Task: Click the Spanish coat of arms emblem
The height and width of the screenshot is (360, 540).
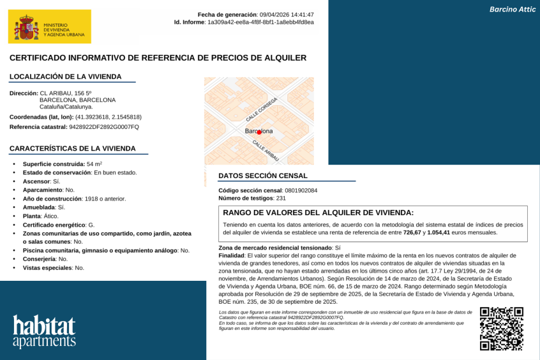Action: click(27, 28)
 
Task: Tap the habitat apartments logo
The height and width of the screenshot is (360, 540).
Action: click(44, 331)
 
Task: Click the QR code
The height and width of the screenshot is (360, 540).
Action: click(502, 328)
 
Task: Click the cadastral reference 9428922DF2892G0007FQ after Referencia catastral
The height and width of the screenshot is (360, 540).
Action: click(104, 127)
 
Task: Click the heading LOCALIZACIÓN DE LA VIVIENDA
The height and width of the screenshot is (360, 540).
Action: click(65, 77)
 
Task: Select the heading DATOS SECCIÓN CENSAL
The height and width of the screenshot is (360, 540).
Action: click(263, 176)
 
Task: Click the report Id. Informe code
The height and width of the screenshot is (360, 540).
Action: click(260, 22)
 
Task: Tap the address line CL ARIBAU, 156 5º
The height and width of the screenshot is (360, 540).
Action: click(66, 93)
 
